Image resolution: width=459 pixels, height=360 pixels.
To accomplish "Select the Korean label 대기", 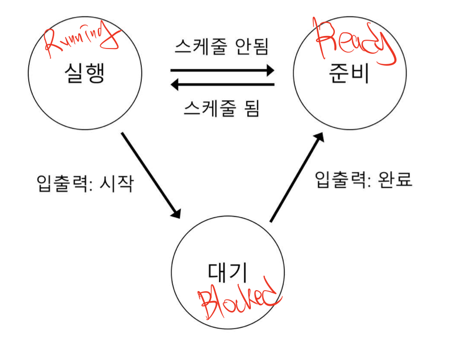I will [x=228, y=272].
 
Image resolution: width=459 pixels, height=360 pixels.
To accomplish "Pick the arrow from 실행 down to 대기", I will [x=151, y=175].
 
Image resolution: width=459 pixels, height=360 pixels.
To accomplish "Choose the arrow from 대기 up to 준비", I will [x=296, y=177].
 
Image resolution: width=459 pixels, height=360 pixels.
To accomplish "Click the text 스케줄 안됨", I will [x=221, y=47].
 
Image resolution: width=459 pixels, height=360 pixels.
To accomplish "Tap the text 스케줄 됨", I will [x=221, y=109].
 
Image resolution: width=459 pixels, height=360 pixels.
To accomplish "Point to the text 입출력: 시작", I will [x=85, y=183].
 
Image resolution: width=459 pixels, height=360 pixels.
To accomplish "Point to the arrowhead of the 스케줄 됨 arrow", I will [x=176, y=83].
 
